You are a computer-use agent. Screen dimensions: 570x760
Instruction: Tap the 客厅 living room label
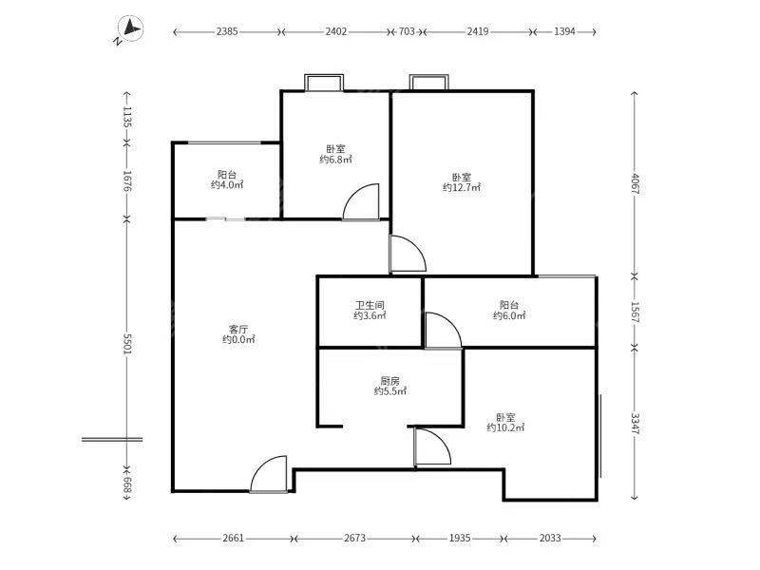(237, 327)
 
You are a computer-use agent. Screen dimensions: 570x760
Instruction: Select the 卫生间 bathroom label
(370, 304)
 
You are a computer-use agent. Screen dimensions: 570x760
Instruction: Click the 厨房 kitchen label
(389, 379)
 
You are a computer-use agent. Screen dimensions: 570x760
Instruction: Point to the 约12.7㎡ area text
(462, 188)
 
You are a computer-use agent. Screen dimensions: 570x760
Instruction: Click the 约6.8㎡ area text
(335, 160)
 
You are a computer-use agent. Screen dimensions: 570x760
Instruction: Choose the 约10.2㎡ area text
(505, 427)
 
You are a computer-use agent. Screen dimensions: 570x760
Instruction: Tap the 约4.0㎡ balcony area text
(227, 184)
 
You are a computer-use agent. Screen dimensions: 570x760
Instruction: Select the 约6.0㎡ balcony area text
(509, 315)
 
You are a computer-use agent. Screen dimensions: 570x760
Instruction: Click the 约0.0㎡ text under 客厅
(237, 339)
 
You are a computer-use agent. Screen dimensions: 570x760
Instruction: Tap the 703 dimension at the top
(407, 31)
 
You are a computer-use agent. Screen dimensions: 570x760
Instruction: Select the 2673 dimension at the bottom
(353, 539)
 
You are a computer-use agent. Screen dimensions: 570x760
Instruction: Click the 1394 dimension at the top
(564, 31)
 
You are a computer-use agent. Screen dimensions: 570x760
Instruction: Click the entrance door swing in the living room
(269, 475)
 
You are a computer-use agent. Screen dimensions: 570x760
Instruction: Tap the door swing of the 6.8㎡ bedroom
(362, 201)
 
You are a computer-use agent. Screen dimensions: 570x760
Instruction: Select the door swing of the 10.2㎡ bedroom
(431, 447)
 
